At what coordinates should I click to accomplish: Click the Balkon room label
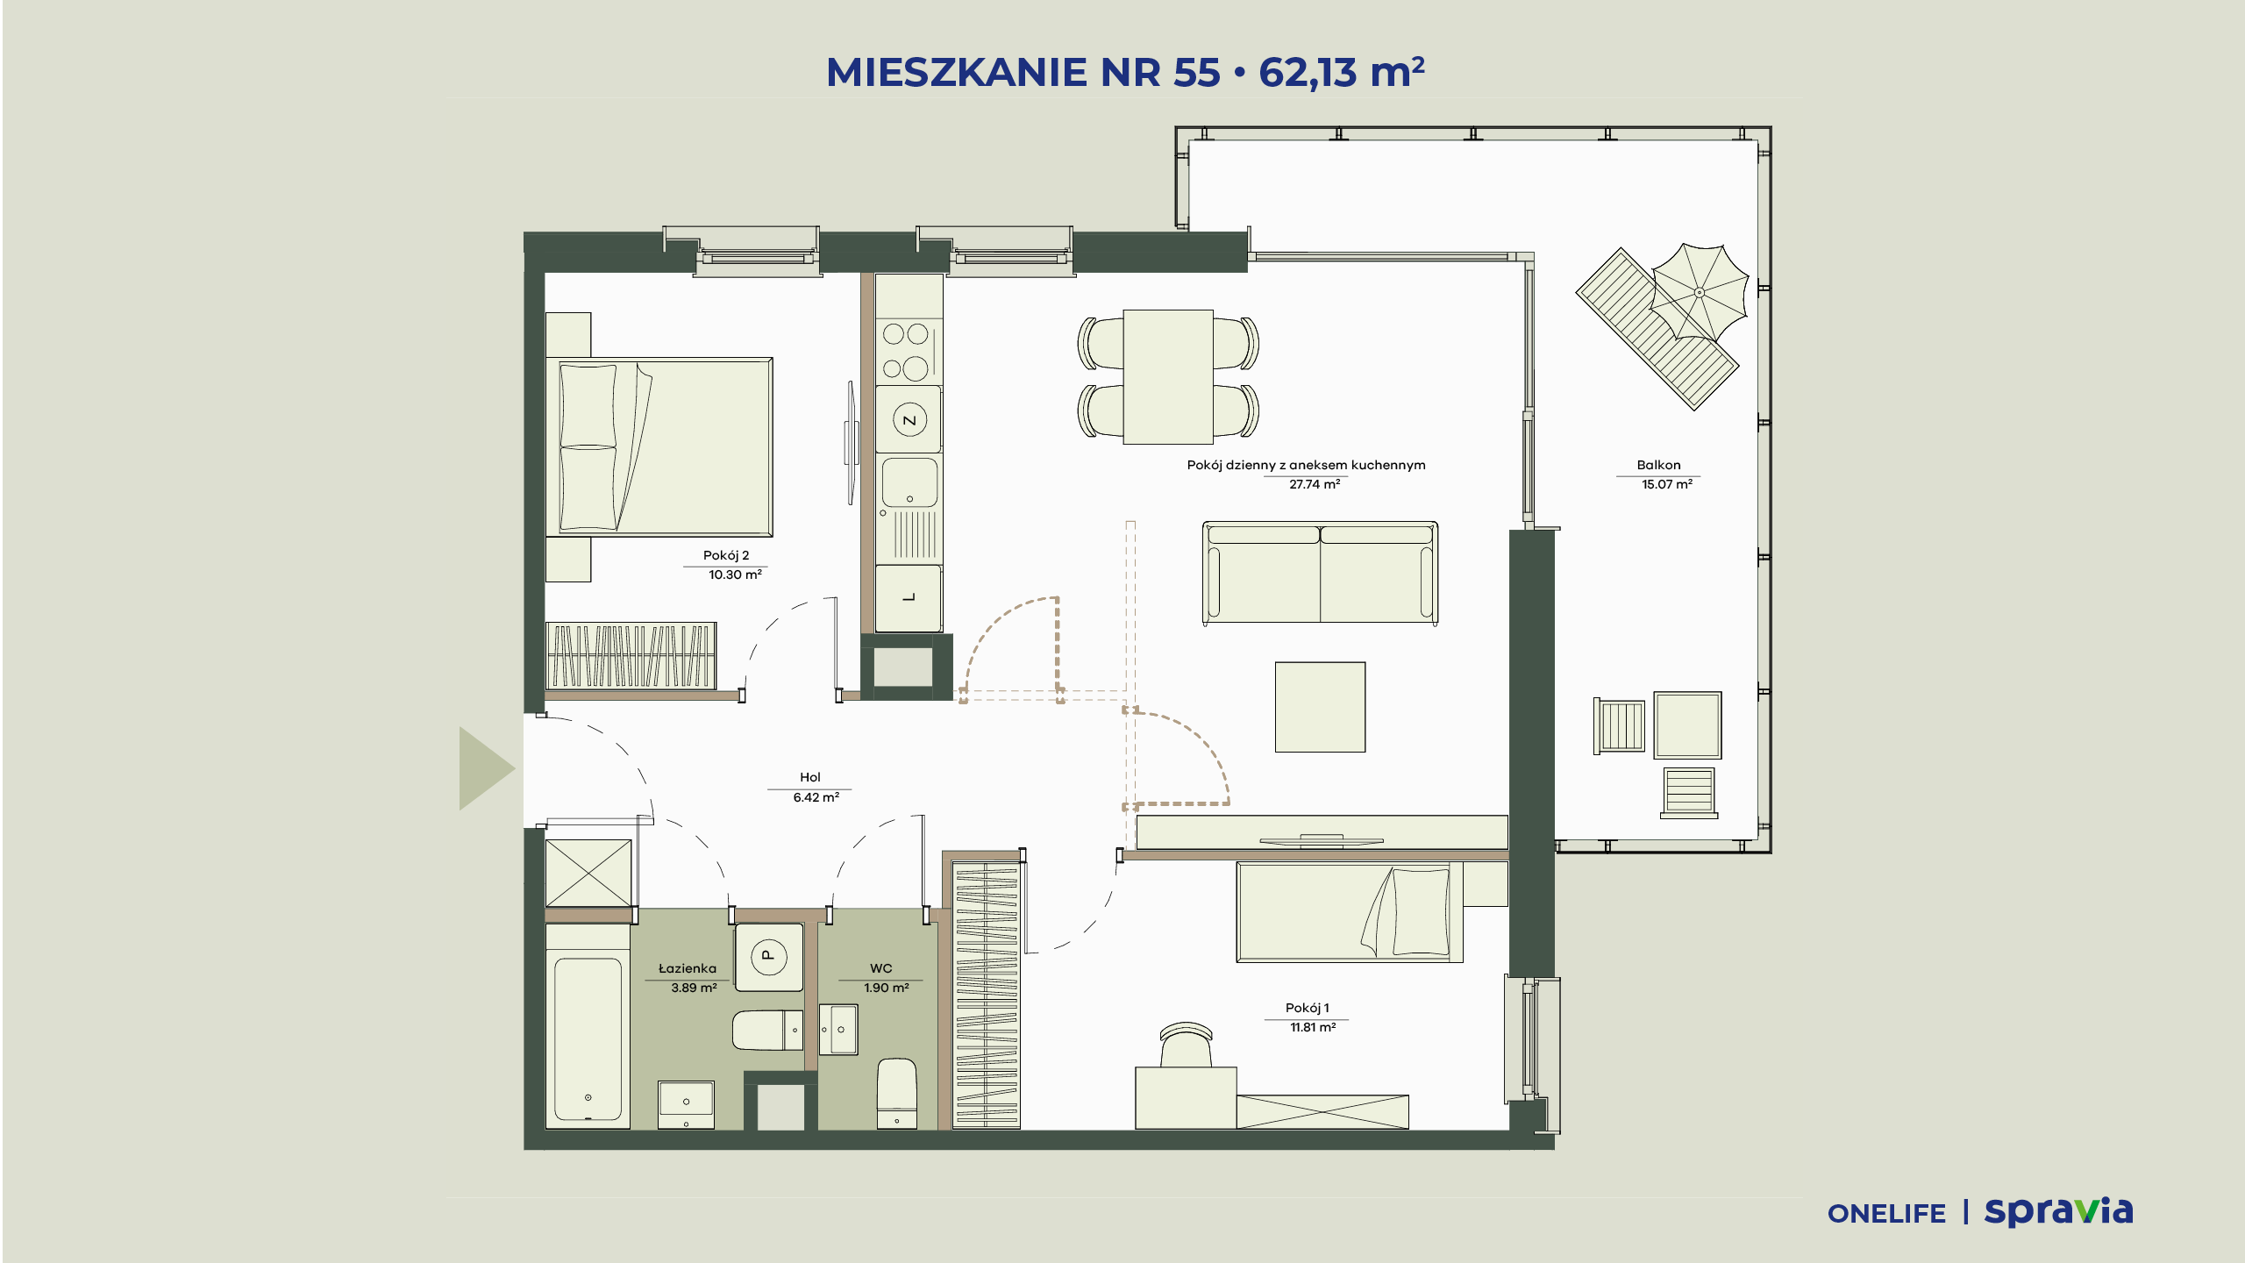pos(1658,465)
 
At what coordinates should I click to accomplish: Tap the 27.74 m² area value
pos(1315,484)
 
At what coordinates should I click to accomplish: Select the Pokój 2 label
pos(726,555)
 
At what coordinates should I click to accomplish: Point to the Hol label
pos(810,777)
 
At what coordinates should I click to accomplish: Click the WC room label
pos(881,968)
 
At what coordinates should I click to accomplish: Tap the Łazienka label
pos(688,968)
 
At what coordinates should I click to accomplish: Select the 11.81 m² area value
pos(1313,1027)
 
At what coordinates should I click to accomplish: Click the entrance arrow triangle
pos(485,768)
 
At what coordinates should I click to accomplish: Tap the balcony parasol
pos(1699,291)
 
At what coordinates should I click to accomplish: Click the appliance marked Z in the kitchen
pos(909,420)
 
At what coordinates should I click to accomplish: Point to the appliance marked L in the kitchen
pos(909,597)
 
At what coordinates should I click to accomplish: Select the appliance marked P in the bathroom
pos(768,957)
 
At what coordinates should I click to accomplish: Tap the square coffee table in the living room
pos(1320,707)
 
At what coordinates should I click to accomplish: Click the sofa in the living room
pos(1320,573)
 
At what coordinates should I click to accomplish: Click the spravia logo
pos(2058,1212)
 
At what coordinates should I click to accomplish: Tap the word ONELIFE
pos(1886,1214)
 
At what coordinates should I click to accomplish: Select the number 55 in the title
pos(1197,72)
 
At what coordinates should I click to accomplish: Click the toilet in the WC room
pos(897,1093)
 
